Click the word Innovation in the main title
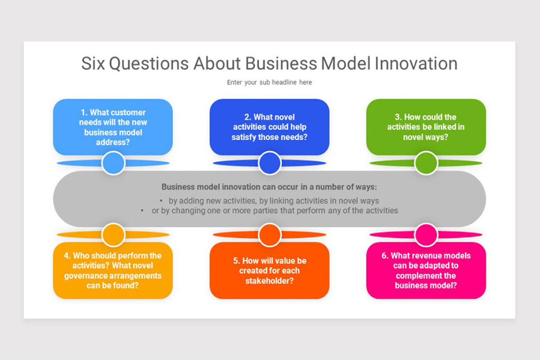[x=416, y=63]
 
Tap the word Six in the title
[x=93, y=63]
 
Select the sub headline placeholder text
[x=269, y=82]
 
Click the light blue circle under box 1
[x=113, y=163]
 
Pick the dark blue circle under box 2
[x=270, y=163]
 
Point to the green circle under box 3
[x=426, y=163]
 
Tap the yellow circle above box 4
[x=113, y=234]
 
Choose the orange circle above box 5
[x=270, y=234]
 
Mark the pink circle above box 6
[x=426, y=234]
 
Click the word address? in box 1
[x=113, y=142]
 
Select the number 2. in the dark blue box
[x=248, y=117]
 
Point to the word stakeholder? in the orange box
[x=270, y=281]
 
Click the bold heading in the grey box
[x=269, y=187]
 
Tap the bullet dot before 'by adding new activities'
[x=161, y=201]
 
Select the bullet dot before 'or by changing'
[x=143, y=210]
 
